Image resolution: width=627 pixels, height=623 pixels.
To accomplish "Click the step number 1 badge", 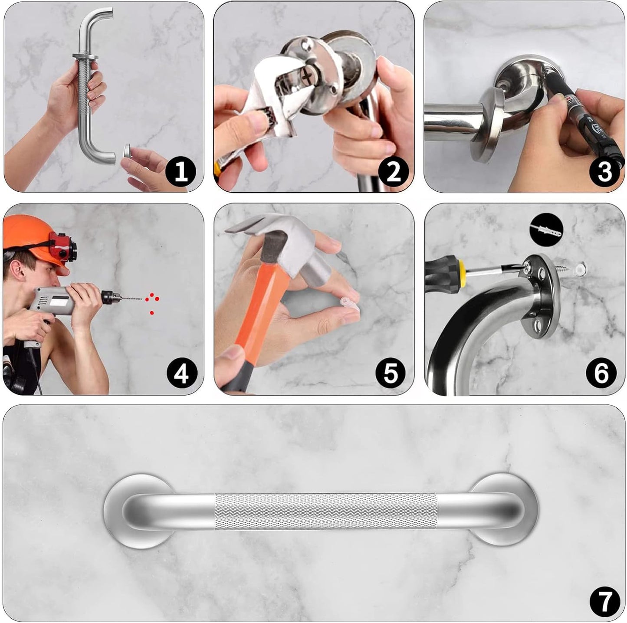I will [181, 172].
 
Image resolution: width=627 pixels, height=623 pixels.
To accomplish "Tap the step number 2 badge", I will [393, 172].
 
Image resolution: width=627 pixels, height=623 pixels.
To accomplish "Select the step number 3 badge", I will [604, 172].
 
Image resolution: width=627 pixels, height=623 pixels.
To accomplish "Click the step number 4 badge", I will [182, 373].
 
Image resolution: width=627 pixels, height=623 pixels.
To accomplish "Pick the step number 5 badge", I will [391, 373].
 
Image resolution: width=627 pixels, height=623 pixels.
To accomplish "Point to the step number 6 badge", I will [601, 373].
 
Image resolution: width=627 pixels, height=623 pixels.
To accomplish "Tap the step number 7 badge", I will [604, 601].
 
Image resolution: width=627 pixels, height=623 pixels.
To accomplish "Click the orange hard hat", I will [26, 232].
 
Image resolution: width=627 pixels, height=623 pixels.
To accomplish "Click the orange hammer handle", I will [260, 312].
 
